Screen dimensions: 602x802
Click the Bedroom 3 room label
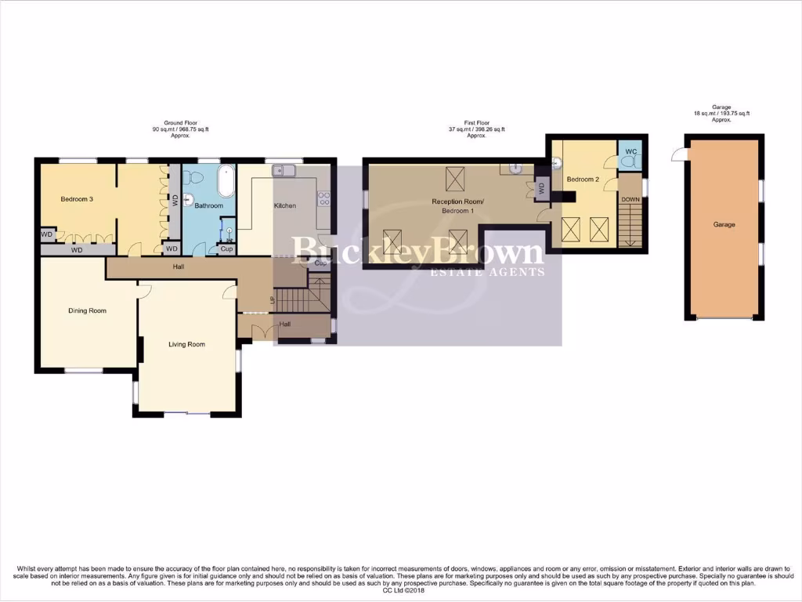(x=77, y=199)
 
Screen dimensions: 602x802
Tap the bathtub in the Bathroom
(x=225, y=182)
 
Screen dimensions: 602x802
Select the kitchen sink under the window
(x=280, y=170)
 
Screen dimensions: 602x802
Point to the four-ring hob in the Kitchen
(x=323, y=199)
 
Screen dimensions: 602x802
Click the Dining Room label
(x=87, y=311)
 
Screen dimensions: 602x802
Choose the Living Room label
(x=186, y=344)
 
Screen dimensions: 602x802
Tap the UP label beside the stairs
(x=273, y=300)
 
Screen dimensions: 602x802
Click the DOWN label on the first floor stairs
(x=630, y=200)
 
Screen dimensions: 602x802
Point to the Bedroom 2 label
(x=583, y=180)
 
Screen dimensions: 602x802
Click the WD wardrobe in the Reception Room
(x=541, y=188)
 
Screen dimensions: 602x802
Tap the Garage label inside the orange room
(x=724, y=225)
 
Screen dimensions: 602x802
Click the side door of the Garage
(x=677, y=156)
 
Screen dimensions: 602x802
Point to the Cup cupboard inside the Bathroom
(x=226, y=249)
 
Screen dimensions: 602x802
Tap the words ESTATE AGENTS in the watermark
(x=488, y=273)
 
